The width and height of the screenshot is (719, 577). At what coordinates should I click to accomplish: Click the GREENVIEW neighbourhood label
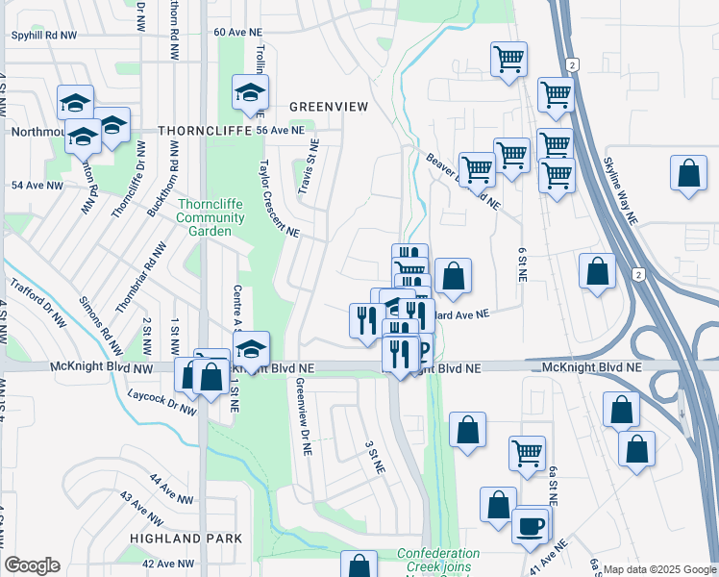[329, 107]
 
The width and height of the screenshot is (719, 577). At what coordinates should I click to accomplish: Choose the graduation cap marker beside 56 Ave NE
[249, 92]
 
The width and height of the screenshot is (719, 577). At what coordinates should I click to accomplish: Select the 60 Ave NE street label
[237, 32]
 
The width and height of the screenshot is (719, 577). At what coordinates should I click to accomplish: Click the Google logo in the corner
[33, 565]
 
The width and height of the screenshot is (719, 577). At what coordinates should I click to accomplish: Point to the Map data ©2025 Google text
[659, 569]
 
